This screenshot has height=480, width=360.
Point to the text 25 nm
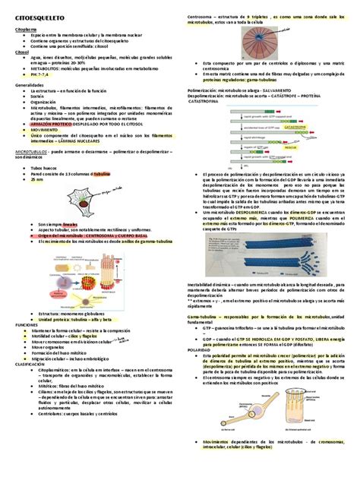point(37,180)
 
